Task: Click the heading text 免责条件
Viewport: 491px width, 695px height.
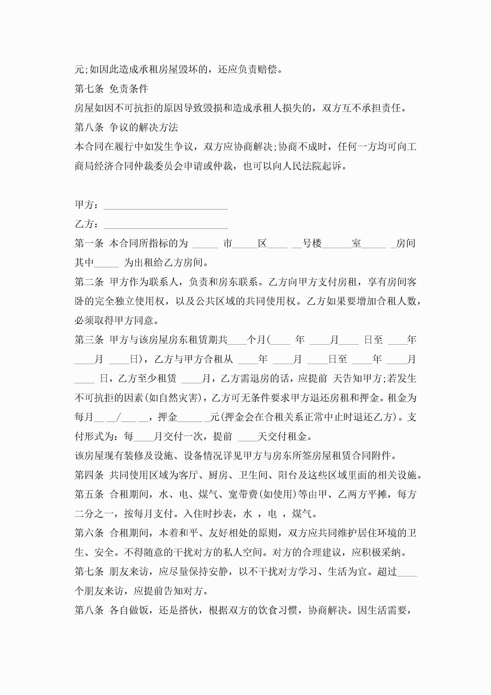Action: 128,89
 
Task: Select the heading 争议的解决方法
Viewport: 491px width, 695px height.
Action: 143,127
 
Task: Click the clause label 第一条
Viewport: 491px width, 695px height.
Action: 89,243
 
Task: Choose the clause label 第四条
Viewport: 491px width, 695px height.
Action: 89,475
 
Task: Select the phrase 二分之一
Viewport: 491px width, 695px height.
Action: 94,514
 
